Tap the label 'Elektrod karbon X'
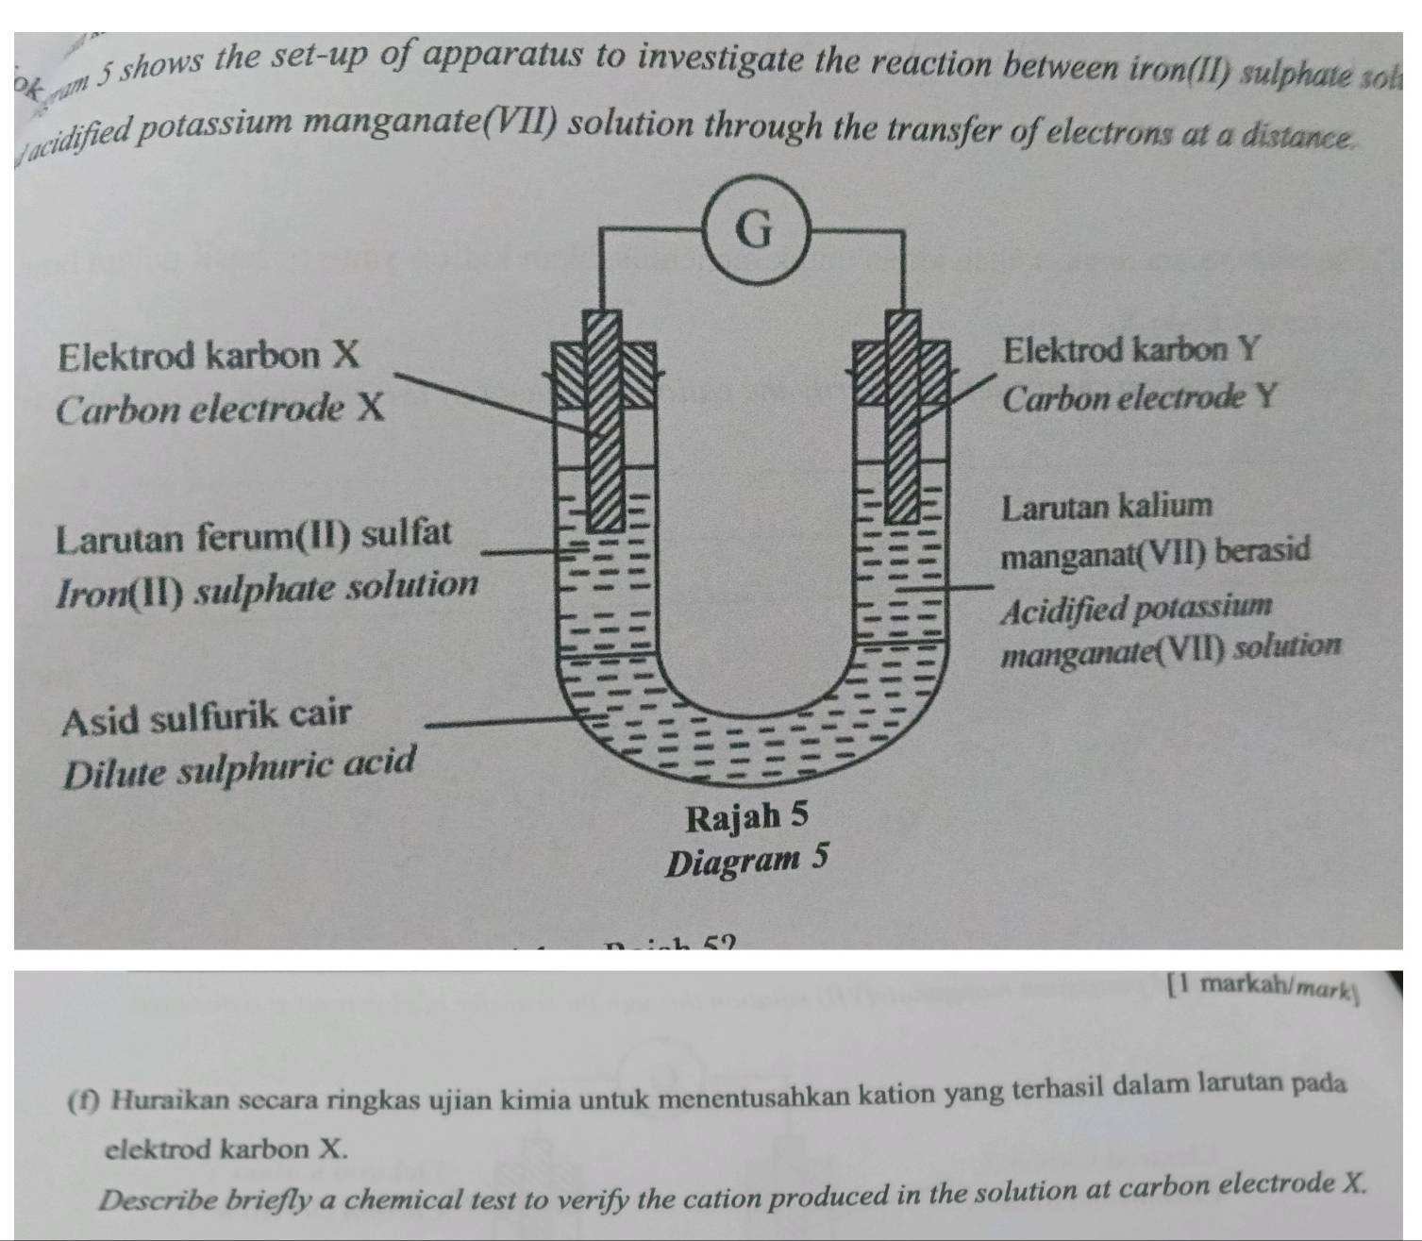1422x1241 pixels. point(209,356)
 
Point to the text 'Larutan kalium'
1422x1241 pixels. point(1107,506)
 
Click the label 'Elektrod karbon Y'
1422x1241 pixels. point(1131,350)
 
